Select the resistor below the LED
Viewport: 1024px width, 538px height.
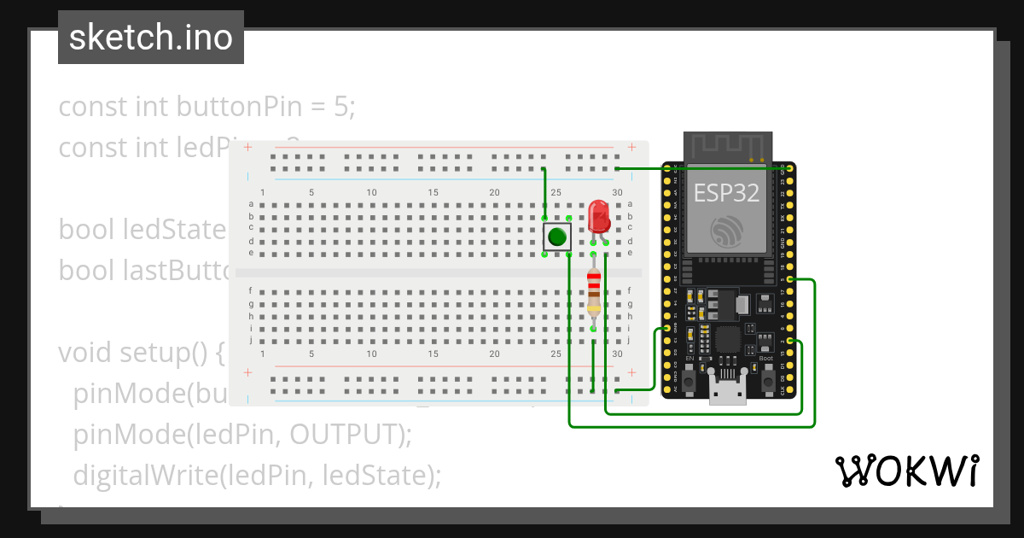coord(594,290)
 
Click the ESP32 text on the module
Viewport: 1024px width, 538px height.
coord(726,193)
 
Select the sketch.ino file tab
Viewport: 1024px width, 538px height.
coord(151,38)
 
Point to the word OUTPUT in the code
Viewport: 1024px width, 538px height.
coord(343,434)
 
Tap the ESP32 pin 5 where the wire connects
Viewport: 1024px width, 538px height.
coord(791,280)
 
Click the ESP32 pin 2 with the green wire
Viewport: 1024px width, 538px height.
coord(791,341)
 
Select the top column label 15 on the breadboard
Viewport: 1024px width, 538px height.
coord(433,193)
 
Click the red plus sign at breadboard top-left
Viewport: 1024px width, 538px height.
coord(248,148)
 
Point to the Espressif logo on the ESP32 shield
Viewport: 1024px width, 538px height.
coord(726,231)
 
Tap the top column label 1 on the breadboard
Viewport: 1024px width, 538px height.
coord(263,193)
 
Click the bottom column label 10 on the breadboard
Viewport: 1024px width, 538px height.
coord(372,354)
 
